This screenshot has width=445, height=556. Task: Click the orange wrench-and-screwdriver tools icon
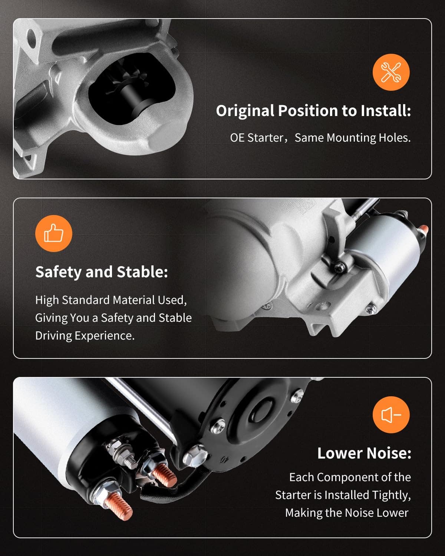391,72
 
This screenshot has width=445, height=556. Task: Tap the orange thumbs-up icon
54,233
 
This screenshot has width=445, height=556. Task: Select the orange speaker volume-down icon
391,415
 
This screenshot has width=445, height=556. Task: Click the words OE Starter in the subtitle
257,138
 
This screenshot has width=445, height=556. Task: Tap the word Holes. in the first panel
395,138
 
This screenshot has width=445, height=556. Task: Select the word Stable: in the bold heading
142,272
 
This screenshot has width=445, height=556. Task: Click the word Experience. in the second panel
105,336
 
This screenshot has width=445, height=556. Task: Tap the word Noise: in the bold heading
389,453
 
